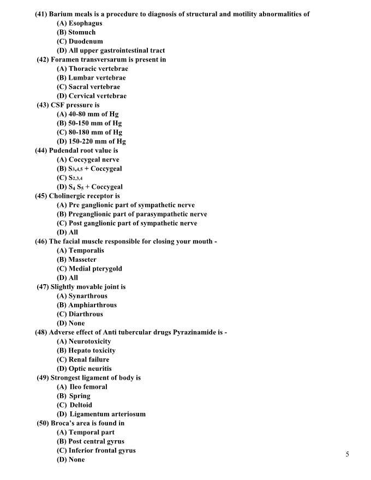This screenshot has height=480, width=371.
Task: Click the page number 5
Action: point(348,454)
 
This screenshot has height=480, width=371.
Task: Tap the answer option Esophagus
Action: point(85,23)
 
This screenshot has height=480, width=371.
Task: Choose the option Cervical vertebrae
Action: point(97,96)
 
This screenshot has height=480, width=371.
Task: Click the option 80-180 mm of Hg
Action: point(95,133)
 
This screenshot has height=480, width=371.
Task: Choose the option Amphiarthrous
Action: point(92,305)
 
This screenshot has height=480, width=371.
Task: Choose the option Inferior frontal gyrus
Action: point(102,451)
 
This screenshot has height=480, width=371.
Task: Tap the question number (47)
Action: point(43,287)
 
